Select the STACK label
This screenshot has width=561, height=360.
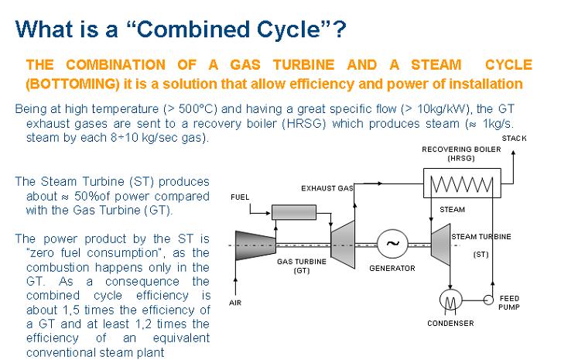[515, 138]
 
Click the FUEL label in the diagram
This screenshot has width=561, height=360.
[240, 197]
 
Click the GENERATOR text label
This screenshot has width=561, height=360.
[392, 269]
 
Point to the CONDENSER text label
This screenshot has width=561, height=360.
[450, 324]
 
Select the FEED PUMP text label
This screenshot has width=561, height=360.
[510, 302]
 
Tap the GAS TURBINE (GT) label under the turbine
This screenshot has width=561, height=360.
[301, 266]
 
